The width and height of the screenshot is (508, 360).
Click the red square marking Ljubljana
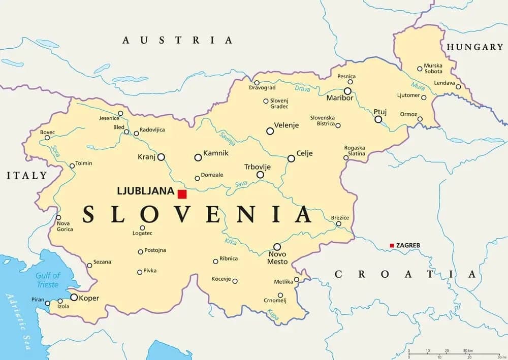pyautogui.click(x=182, y=194)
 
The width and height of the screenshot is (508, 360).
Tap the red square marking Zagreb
pyautogui.click(x=392, y=246)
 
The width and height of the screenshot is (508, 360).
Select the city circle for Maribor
pyautogui.click(x=347, y=91)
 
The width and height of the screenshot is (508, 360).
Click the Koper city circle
pyautogui.click(x=74, y=298)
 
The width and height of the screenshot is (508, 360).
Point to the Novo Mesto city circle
pyautogui.click(x=277, y=247)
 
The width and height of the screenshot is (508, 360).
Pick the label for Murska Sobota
pyautogui.click(x=433, y=69)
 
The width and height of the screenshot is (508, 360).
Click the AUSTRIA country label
pyautogui.click(x=177, y=40)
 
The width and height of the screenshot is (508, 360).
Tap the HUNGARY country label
pyautogui.click(x=474, y=47)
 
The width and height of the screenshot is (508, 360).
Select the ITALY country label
pyautogui.click(x=26, y=176)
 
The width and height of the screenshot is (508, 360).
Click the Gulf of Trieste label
pyautogui.click(x=48, y=280)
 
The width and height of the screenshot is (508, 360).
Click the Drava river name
pyautogui.click(x=303, y=89)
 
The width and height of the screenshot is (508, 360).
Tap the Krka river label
pyautogui.click(x=230, y=242)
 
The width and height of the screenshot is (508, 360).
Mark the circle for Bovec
pyautogui.click(x=47, y=138)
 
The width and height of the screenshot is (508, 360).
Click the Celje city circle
pyautogui.click(x=291, y=158)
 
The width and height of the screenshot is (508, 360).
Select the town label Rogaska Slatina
pyautogui.click(x=355, y=151)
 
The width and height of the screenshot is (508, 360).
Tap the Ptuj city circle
pyautogui.click(x=378, y=119)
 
